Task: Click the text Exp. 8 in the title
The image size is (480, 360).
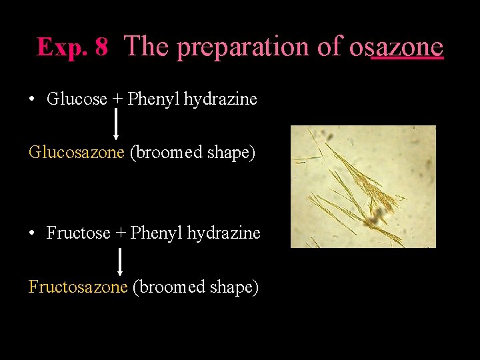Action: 72,47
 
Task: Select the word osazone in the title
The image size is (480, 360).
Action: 396,47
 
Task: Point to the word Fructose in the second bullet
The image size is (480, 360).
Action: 78,233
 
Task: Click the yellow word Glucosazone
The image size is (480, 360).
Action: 77,152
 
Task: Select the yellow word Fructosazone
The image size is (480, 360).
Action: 78,287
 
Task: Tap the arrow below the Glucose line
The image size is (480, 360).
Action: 117,125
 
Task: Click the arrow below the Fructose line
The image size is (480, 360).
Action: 120,261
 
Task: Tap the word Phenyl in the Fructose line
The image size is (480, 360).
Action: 157,233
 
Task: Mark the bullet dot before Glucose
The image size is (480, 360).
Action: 32,100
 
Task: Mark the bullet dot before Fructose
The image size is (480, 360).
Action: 32,233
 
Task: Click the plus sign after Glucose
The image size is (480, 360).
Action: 117,100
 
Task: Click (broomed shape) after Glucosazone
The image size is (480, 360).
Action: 192,152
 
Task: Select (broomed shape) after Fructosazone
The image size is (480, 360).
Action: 195,287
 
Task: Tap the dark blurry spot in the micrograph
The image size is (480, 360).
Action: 381,213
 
